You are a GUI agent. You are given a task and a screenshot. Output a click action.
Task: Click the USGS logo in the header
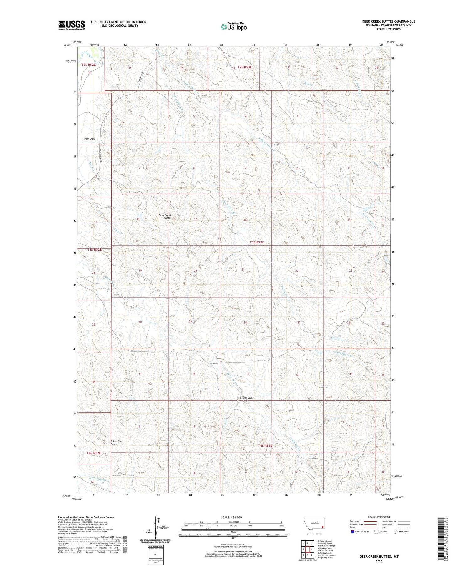pos(71,25)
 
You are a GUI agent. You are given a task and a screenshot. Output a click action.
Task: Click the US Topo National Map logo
pos(233,27)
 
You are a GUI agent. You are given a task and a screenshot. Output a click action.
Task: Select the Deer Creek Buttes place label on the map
pos(165,216)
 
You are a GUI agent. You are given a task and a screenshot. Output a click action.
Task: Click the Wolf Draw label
pos(89,139)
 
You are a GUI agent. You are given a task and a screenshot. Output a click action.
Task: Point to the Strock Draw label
pos(247,398)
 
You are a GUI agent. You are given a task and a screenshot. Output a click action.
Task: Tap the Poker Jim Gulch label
pos(116,443)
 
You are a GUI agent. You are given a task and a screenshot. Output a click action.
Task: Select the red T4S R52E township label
pos(94,453)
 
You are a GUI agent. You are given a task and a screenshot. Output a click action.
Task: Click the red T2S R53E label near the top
pos(244,67)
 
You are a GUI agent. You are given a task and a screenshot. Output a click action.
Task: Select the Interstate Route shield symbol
pos(353,532)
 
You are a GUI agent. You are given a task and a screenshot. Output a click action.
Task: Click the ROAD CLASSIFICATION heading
pos(379,517)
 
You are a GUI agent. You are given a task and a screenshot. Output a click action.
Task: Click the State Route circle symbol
pos(395,532)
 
